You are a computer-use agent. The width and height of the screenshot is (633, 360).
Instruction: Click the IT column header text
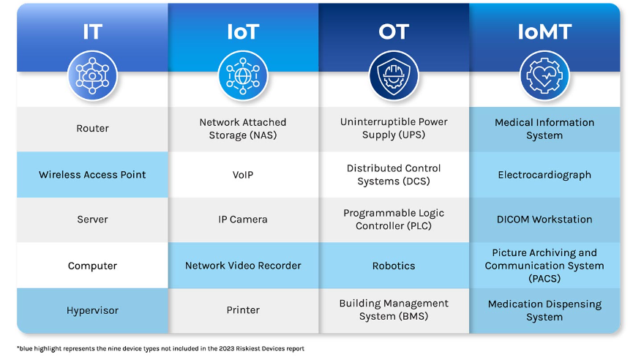pos(92,31)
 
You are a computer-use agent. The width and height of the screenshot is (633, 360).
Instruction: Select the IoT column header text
pos(242,32)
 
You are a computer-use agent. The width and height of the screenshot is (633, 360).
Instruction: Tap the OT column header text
pos(394,31)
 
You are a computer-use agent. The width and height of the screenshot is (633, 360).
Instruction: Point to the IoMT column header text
pos(544,31)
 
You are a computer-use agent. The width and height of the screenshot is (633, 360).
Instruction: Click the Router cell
pos(92,129)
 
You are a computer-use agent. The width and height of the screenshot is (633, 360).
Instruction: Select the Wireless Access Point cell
pos(92,175)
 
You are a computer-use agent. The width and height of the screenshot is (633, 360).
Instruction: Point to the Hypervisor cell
pos(92,310)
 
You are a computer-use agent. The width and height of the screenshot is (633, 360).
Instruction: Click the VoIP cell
pos(243,175)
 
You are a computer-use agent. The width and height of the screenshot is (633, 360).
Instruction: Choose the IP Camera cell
pos(243,220)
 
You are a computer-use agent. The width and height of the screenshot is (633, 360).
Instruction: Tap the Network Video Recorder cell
pos(243,266)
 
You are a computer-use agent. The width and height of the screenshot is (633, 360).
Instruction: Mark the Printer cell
pos(243,310)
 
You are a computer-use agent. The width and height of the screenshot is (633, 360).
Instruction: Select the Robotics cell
pos(394,266)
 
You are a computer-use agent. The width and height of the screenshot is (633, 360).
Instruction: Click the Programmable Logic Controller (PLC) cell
pos(394,220)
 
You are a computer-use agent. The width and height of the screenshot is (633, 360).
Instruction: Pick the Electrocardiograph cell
pos(544,175)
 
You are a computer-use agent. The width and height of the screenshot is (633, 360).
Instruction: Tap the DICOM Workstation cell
pos(544,220)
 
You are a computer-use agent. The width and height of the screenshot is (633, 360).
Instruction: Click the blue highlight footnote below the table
pos(160,348)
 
